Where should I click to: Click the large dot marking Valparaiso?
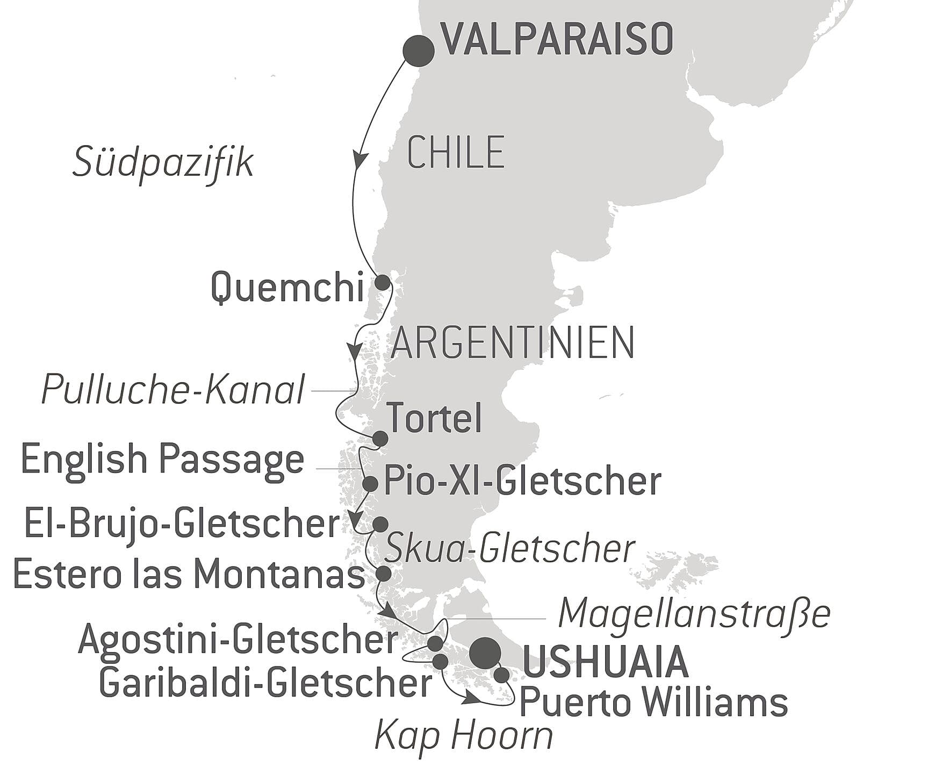point(418,51)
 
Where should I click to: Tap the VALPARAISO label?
point(557,40)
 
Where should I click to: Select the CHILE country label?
point(456,153)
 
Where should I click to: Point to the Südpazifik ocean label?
point(163,162)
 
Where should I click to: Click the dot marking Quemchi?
point(382,283)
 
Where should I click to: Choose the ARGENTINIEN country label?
point(513,342)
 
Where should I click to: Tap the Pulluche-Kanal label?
point(174,390)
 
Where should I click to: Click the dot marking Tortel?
point(380,439)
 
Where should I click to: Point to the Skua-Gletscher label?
point(510,549)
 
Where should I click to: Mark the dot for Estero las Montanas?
point(384,574)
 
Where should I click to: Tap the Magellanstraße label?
point(694,613)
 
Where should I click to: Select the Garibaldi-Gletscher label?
point(265,683)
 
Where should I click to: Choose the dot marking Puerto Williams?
point(501,675)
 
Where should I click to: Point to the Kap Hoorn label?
point(463,736)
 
